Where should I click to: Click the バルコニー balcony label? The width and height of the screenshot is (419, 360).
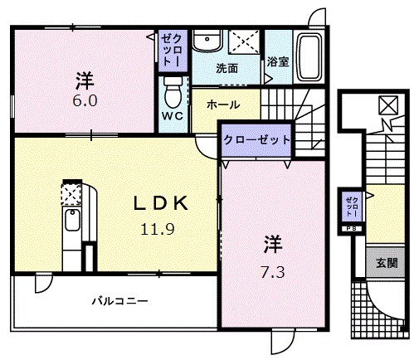pos(119,300)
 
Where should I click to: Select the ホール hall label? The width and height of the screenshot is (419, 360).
pos(223,105)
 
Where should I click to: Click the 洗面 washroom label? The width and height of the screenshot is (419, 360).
pos(227,67)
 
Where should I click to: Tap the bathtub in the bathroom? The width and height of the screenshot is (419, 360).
pos(309,57)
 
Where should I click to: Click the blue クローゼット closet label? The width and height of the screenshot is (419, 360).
pos(256,140)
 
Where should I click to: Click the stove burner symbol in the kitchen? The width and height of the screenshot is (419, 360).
pos(69,193)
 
